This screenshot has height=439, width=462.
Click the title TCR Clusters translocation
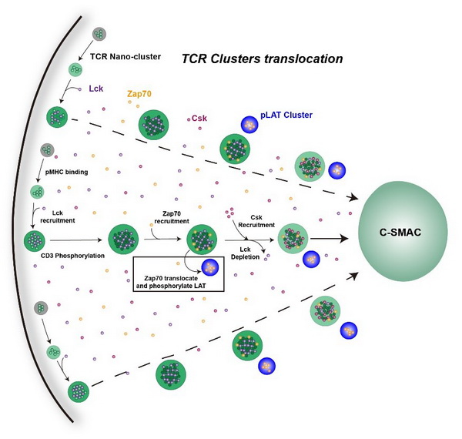click(261, 59)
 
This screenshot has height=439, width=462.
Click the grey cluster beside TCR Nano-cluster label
click(99, 34)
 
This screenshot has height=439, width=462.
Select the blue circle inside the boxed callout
click(209, 266)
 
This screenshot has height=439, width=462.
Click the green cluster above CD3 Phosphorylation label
click(35, 241)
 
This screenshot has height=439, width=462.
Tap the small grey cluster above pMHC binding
click(46, 149)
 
